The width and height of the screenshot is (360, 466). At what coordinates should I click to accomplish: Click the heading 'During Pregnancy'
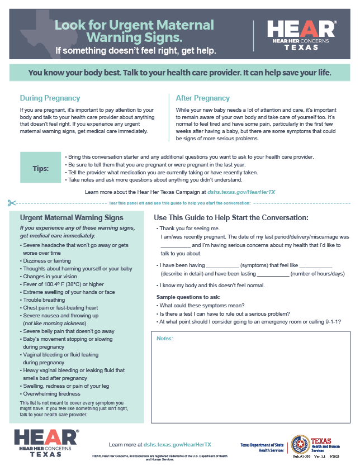tap(50, 98)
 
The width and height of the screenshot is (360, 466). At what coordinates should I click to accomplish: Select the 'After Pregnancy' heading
tap(202, 98)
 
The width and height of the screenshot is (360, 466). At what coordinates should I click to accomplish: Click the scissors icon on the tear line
tap(12, 202)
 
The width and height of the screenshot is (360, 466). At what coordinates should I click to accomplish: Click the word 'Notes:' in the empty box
tap(164, 339)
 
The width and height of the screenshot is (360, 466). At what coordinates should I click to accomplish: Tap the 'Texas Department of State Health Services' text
tap(263, 448)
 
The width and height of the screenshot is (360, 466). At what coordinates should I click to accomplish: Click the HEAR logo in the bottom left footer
tap(46, 443)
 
